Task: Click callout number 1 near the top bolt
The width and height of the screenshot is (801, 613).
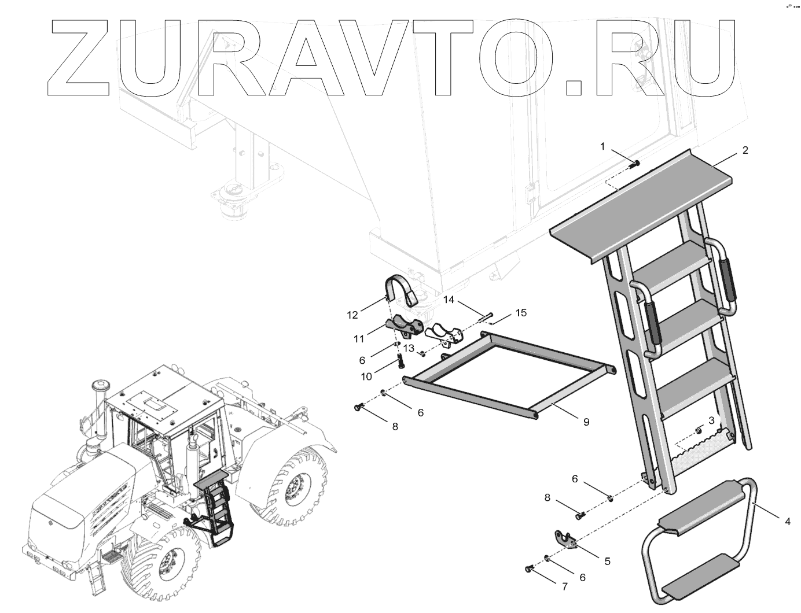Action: click(x=602, y=147)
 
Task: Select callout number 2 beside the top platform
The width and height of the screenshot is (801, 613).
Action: click(x=745, y=150)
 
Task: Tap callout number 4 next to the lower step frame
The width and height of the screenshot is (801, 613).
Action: click(x=787, y=522)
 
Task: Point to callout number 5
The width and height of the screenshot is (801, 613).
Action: click(x=607, y=560)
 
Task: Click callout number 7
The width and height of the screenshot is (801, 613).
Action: click(x=565, y=586)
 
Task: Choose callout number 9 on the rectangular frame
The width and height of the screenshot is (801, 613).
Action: click(x=586, y=422)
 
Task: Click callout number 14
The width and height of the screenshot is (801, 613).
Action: click(x=450, y=300)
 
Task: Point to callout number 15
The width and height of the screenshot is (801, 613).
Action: click(x=521, y=313)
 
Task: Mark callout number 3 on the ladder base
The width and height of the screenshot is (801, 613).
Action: click(x=711, y=419)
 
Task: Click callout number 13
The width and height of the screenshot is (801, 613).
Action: click(x=409, y=348)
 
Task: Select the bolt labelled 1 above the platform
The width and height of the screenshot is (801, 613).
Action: click(x=634, y=164)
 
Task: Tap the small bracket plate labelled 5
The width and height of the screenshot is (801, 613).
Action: click(x=565, y=539)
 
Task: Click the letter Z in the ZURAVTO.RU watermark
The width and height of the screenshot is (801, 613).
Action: click(x=81, y=58)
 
